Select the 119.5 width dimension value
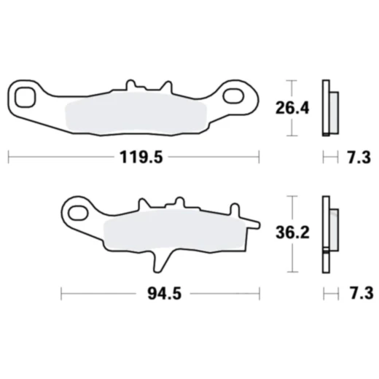pyautogui.click(x=133, y=156)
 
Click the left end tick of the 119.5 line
pyautogui.click(x=8, y=156)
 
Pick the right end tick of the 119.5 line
pyautogui.click(x=259, y=156)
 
